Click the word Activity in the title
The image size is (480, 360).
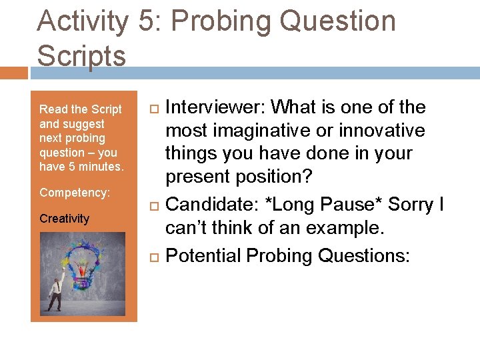82,21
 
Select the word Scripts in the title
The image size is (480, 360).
81,55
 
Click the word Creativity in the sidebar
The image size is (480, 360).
64,219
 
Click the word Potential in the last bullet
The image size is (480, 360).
203,255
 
